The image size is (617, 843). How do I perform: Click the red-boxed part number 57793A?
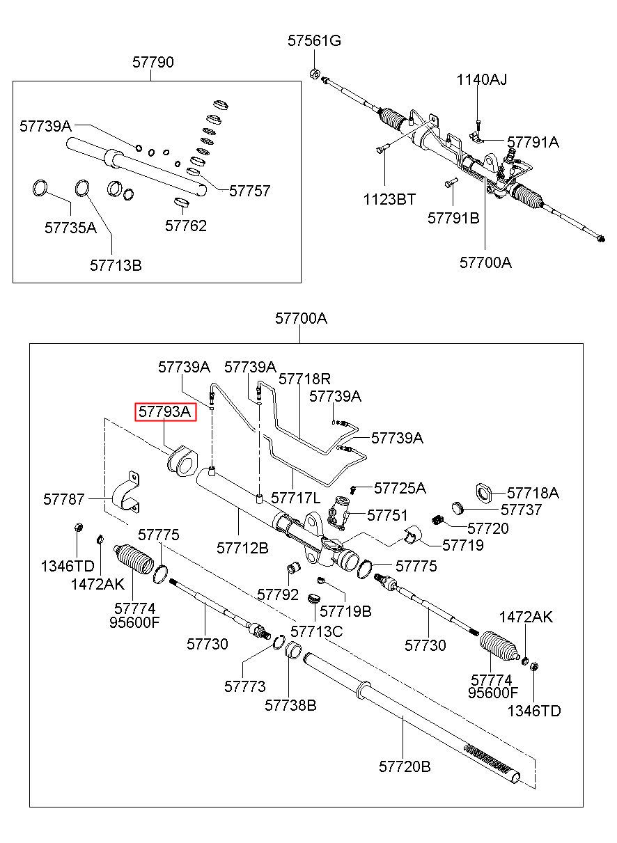point(165,411)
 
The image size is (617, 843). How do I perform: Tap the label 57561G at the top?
point(314,40)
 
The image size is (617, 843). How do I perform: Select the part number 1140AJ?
point(482,79)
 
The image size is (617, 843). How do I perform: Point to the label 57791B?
point(453,218)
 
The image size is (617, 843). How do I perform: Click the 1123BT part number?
point(389,199)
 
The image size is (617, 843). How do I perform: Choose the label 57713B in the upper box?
point(116,265)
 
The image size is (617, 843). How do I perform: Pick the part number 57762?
point(186,226)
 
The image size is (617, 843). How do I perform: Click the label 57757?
point(249,191)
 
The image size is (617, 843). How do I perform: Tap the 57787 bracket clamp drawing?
point(125,493)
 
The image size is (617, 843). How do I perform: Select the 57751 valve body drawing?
point(338,512)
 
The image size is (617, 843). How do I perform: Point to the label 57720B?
point(405,766)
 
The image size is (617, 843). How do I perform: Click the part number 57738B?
point(290,705)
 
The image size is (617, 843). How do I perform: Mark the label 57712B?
point(242,548)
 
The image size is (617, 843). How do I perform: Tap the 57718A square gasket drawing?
point(484,494)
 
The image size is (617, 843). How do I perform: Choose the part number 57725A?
point(400,488)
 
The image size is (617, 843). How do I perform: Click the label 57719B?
point(345,611)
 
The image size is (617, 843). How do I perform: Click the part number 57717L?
point(296,498)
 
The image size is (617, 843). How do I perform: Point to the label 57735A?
point(70,228)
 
